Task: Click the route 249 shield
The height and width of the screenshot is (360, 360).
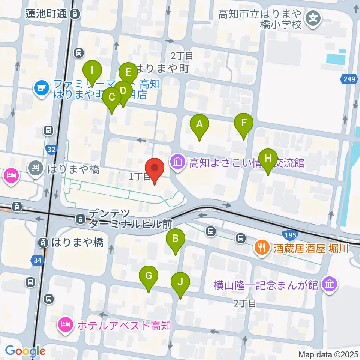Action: click(x=349, y=79)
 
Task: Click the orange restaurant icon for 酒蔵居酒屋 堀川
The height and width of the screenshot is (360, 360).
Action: click(x=261, y=247)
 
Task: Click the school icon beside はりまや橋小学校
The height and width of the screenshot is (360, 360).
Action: click(x=313, y=17)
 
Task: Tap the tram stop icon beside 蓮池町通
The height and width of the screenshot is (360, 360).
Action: click(x=75, y=14)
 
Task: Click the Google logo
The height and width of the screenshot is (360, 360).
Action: click(x=25, y=351)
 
